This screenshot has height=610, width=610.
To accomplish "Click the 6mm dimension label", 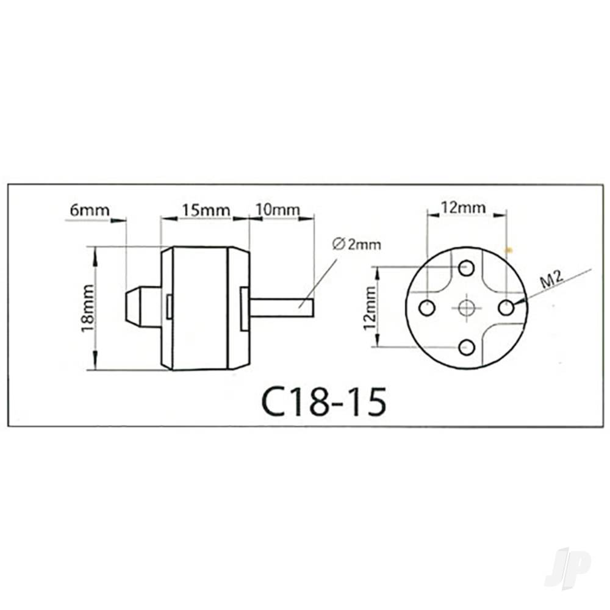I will [x=90, y=210].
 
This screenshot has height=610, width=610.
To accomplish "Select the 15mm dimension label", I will [x=206, y=210].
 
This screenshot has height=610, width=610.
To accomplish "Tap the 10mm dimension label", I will [x=278, y=210].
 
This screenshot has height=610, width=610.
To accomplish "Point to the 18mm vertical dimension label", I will [x=88, y=308].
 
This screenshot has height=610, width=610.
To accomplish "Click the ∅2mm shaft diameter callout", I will [x=357, y=245].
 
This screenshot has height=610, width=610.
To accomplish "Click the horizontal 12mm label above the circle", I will [x=464, y=207].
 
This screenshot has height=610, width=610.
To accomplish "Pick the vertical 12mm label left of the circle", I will [x=369, y=308].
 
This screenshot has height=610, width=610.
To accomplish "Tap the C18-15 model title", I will [x=323, y=401].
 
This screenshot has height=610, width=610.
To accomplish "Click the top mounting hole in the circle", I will [x=467, y=267].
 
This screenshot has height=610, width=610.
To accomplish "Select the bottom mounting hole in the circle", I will [x=467, y=348].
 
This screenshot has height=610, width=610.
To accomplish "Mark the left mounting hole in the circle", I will [x=427, y=307].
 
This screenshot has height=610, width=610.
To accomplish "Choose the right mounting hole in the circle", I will [x=506, y=307].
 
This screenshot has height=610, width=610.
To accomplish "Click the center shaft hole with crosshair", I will [x=467, y=307].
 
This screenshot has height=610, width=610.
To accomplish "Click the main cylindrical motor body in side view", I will [x=199, y=308].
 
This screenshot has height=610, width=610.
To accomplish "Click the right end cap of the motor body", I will [x=239, y=308].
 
